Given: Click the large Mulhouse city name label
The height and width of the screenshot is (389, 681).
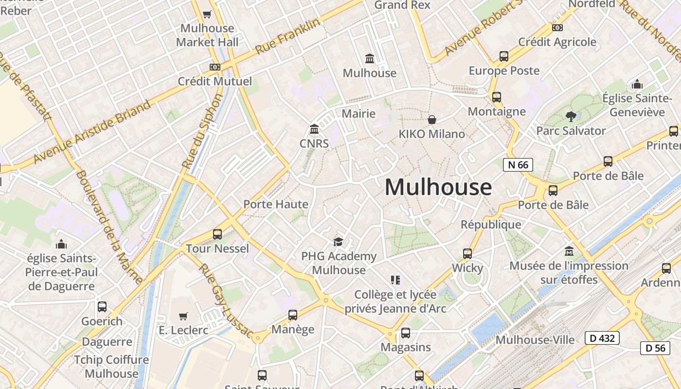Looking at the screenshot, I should coord(438,187).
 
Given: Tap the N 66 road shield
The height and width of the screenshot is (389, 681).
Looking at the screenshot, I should coord(518,165).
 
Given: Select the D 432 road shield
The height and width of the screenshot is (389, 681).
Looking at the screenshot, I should coord(602,338).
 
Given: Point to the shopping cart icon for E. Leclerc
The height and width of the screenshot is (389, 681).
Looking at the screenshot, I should coord(183,317).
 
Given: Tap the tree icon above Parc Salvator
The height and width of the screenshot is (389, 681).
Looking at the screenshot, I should coord(571,117).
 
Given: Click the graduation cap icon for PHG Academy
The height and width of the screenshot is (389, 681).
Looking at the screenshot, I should coord(338,242).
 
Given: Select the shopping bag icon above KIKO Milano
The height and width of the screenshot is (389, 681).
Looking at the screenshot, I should coord(431,119).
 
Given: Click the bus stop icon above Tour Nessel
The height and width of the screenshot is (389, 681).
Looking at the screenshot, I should coord(217,234).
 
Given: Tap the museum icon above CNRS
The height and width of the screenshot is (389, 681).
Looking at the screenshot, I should coord(314,129).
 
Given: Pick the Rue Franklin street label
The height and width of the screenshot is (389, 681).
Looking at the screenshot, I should coord(288,36).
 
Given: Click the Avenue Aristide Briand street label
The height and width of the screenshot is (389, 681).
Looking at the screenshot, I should coord(92,132).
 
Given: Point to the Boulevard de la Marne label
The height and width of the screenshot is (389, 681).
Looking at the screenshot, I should coord(109,227).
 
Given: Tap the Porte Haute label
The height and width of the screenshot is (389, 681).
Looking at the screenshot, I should coord(276,204).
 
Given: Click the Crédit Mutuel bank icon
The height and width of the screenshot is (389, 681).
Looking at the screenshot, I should coord(215,67).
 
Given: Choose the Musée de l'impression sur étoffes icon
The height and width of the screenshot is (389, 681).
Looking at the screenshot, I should coord(569,251).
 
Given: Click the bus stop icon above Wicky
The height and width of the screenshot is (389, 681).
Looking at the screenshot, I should coord(467,253).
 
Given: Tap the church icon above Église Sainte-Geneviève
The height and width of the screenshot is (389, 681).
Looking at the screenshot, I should coord(637,85).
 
